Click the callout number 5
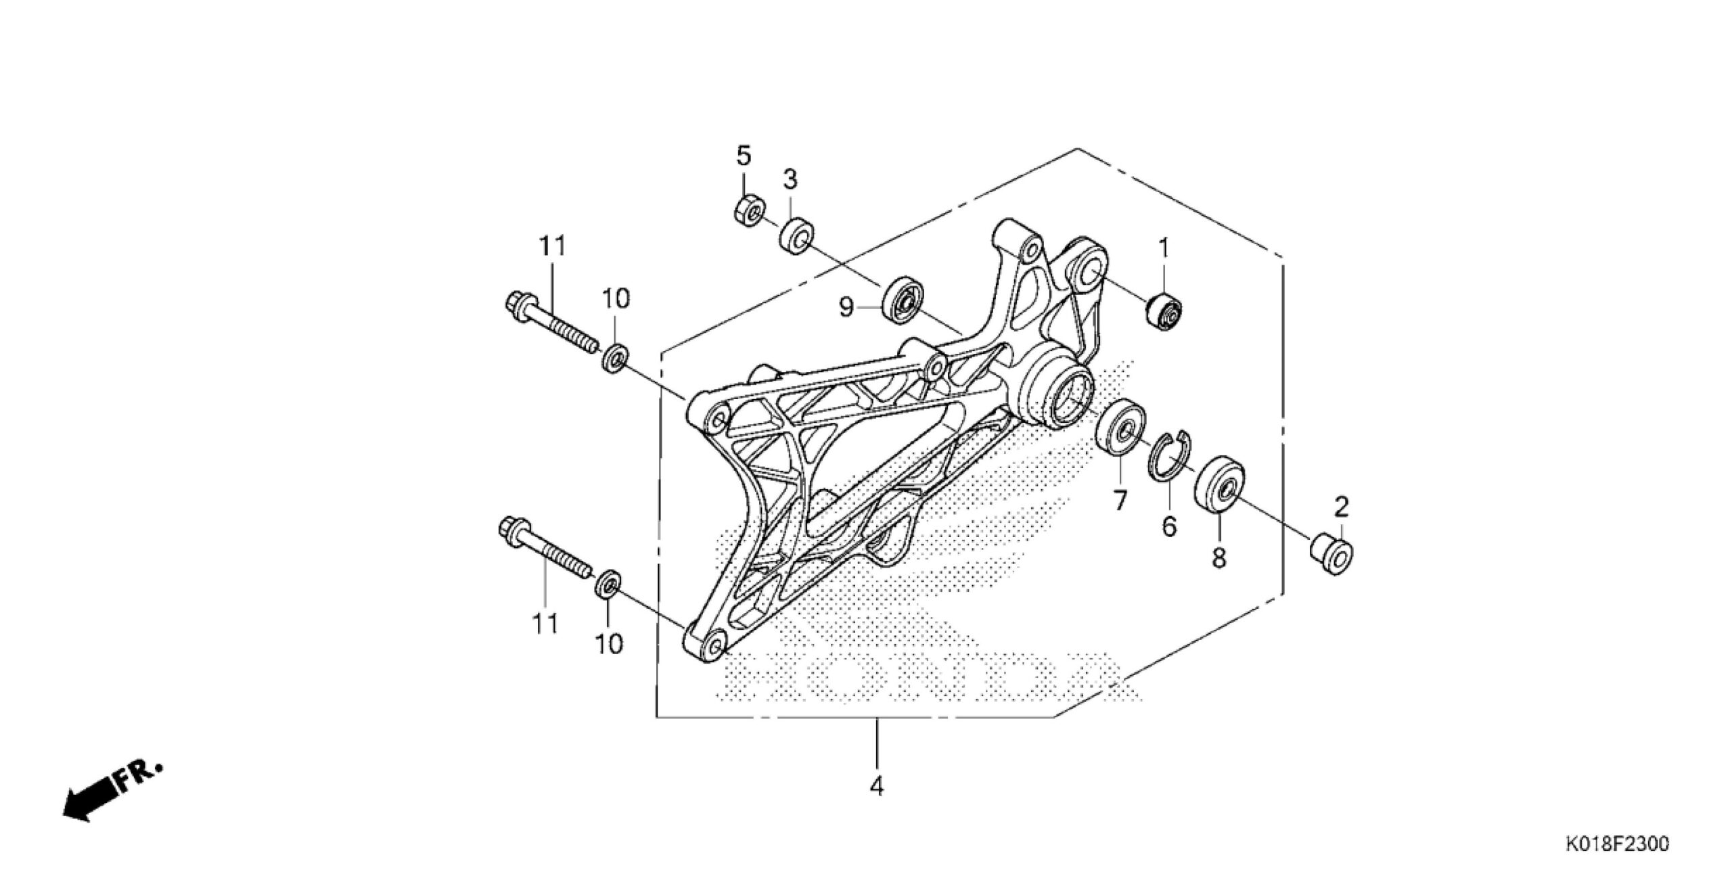pyautogui.click(x=744, y=157)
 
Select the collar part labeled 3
pyautogui.click(x=798, y=234)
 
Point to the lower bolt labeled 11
pyautogui.click(x=545, y=557)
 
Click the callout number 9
pyautogui.click(x=846, y=308)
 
